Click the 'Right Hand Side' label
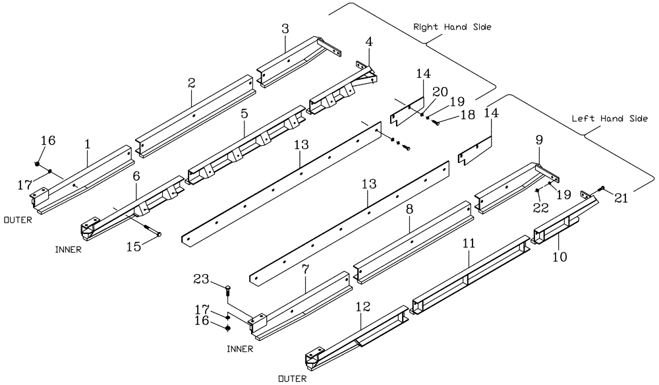pyautogui.click(x=452, y=28)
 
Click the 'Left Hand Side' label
pyautogui.click(x=610, y=118)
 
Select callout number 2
pyautogui.click(x=191, y=84)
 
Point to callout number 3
pyautogui.click(x=285, y=29)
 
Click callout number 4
pyautogui.click(x=369, y=42)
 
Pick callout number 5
pyautogui.click(x=244, y=113)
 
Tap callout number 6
pyautogui.click(x=136, y=177)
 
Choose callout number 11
pyautogui.click(x=469, y=244)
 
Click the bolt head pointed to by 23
pyautogui.click(x=228, y=287)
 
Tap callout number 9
pyautogui.click(x=540, y=140)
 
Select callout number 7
pyautogui.click(x=306, y=271)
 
